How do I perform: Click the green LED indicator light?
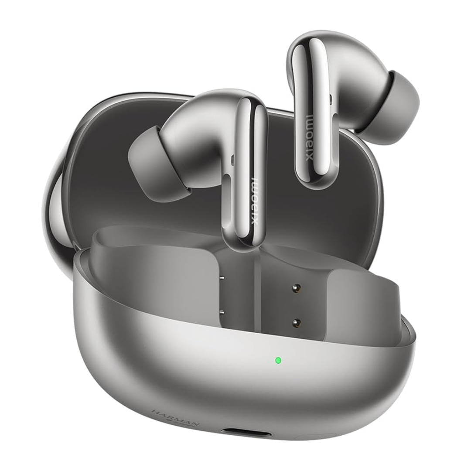tap(278, 361)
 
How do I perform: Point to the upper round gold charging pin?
tap(297, 289)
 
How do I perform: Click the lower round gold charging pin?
tap(297, 322)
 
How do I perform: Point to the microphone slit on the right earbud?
tap(331, 100)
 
